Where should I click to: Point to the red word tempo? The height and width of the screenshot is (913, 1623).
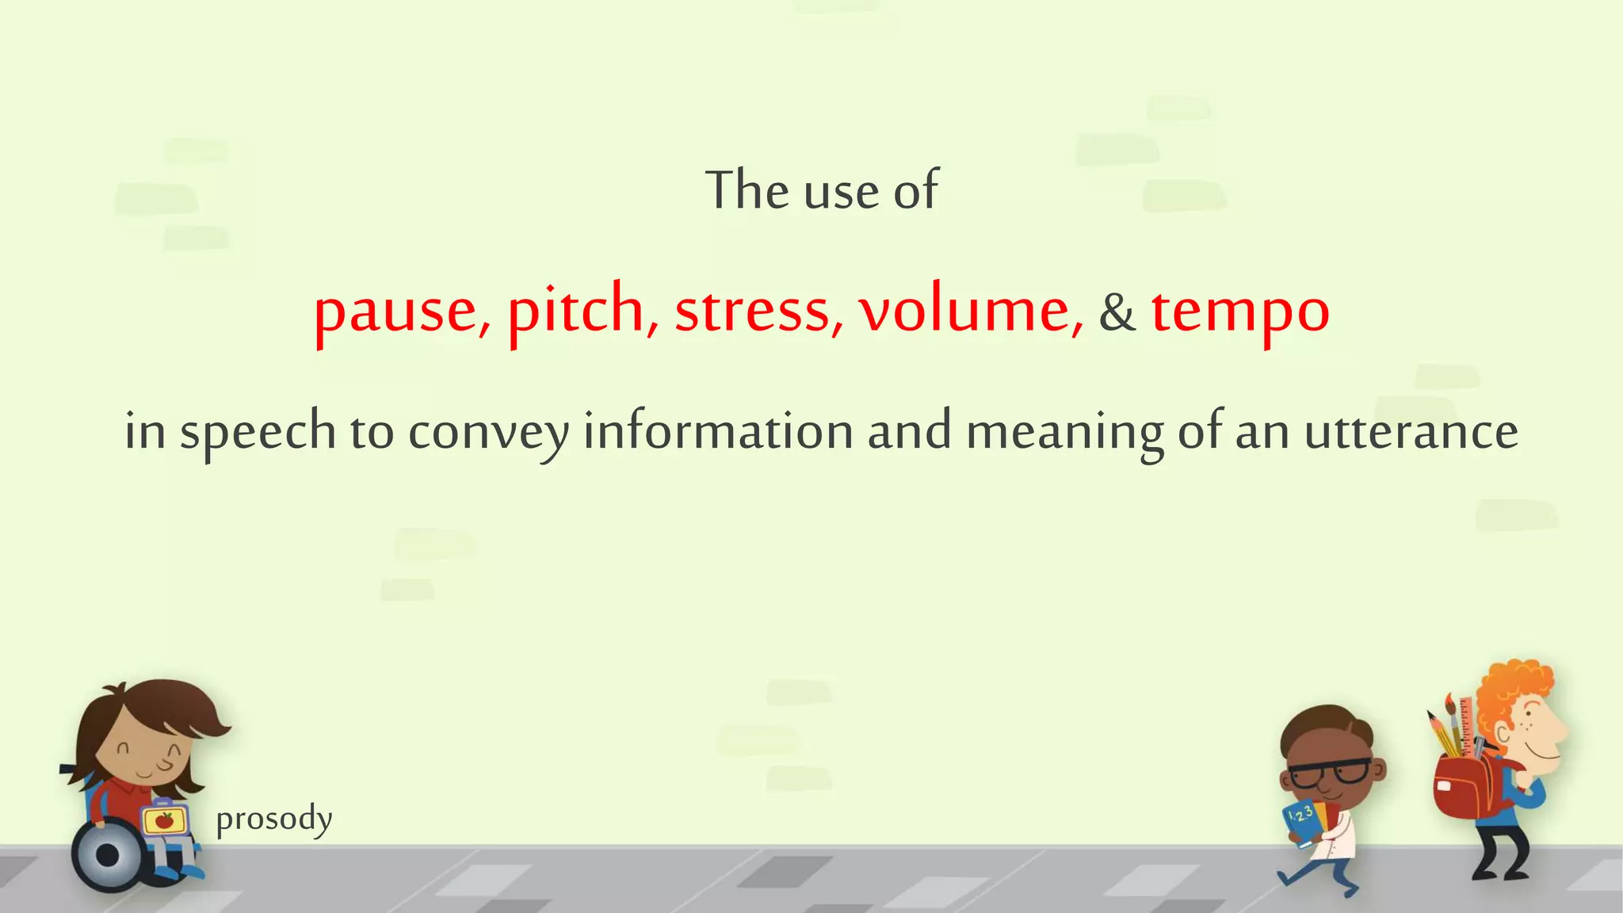(x=1240, y=312)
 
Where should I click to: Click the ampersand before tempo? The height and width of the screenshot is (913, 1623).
(x=1117, y=312)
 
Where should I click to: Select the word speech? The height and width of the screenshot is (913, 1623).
(x=258, y=433)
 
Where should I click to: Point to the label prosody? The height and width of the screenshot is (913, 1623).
(x=274, y=819)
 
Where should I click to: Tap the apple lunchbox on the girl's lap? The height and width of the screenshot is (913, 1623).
(x=165, y=820)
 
